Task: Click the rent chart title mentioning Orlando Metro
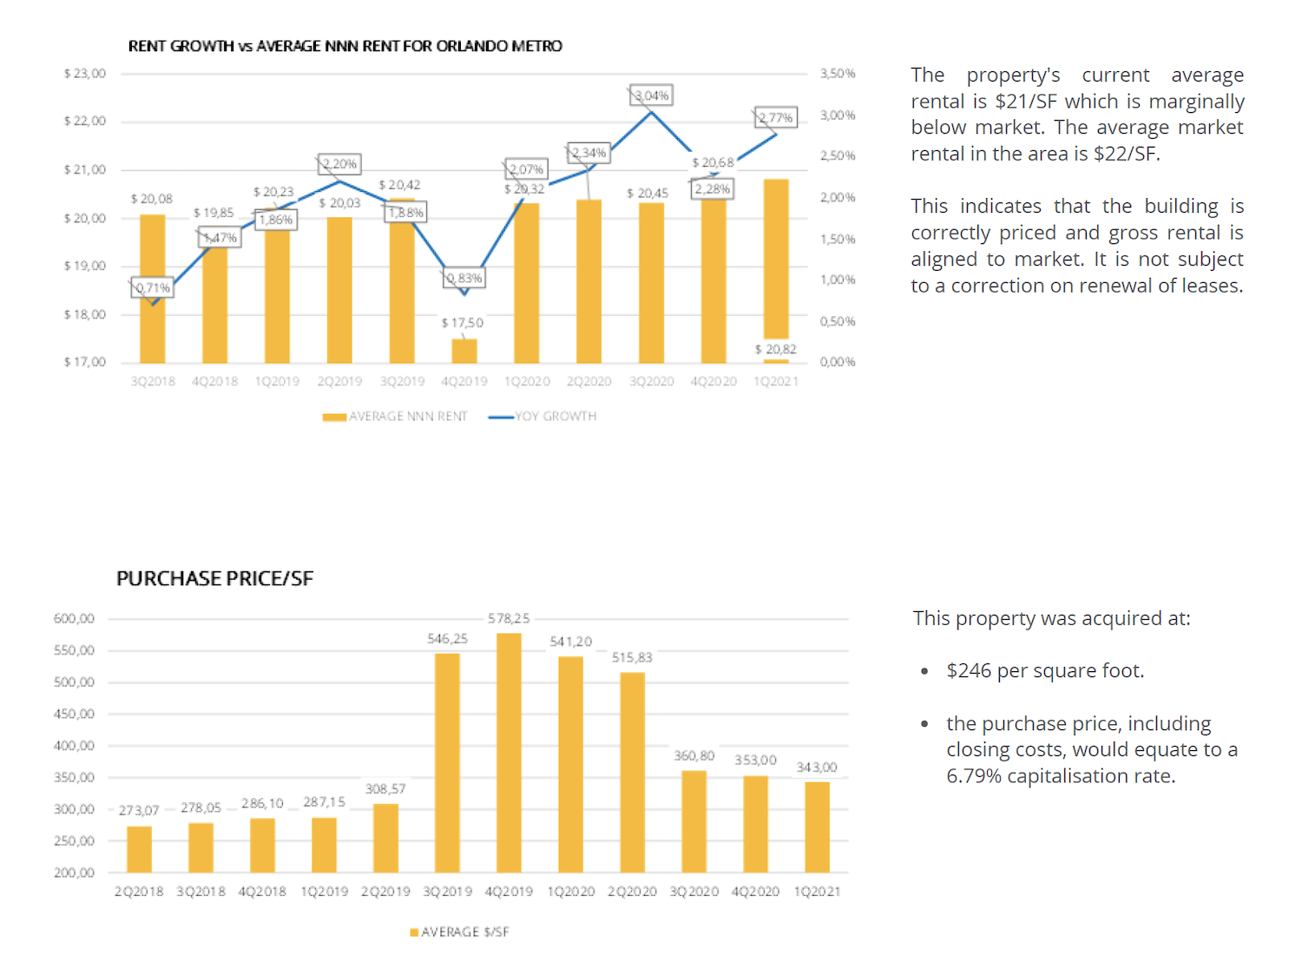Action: coord(345,46)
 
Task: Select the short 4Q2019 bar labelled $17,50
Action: coord(464,351)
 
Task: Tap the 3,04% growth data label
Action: coord(652,96)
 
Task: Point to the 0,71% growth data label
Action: coord(153,287)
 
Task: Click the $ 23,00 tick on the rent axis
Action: coord(84,74)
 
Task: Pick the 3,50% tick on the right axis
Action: coord(838,74)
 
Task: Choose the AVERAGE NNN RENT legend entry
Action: coord(395,417)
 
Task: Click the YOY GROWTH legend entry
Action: coord(543,417)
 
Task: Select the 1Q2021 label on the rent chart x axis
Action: coord(776,381)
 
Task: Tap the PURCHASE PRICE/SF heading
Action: coord(214,578)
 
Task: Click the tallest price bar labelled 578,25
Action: coord(509,752)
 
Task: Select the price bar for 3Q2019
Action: coord(447,762)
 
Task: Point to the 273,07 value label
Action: coord(139,810)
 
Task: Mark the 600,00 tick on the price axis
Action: coord(74,619)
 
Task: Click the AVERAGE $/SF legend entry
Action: coord(460,932)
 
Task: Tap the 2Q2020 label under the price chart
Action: coord(632,892)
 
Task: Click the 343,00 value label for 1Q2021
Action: coord(817,767)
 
